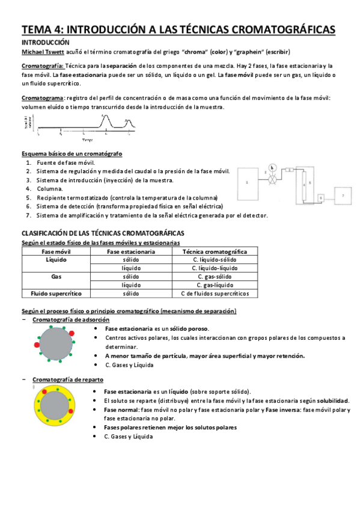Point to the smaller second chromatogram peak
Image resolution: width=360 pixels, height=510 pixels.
(127, 123)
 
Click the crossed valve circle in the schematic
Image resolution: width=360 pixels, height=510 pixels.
(274, 179)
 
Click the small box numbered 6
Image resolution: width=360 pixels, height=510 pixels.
(320, 198)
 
